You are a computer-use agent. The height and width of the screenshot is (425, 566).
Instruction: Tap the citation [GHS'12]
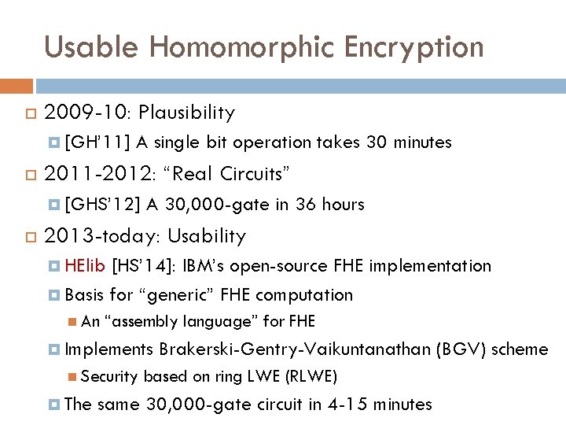103,205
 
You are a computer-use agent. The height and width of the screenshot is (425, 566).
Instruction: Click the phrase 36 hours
329,205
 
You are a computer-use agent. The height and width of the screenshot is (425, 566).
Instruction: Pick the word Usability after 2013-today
207,236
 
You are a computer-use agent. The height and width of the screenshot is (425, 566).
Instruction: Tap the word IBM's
204,266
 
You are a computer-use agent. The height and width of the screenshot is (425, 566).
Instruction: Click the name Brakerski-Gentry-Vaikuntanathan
294,349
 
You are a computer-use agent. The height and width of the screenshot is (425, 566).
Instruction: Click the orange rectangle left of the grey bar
17,85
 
